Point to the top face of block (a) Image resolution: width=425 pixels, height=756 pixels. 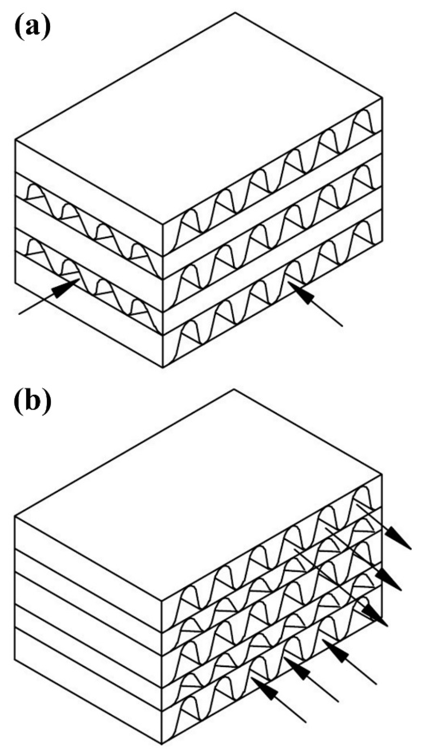[199, 117]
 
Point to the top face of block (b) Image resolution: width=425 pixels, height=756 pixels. [199, 493]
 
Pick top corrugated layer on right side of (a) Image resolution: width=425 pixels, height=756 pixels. [273, 182]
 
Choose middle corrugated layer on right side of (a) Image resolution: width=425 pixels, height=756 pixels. [273, 238]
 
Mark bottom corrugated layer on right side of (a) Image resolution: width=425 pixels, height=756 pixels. [273, 293]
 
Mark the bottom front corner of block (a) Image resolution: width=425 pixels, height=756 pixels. [163, 367]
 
